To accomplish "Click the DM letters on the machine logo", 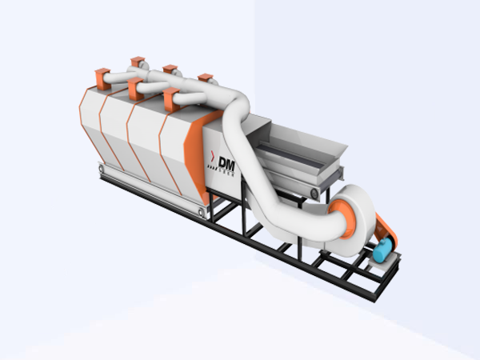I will pos(226,161).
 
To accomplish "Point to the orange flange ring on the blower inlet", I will pos(342,214).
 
